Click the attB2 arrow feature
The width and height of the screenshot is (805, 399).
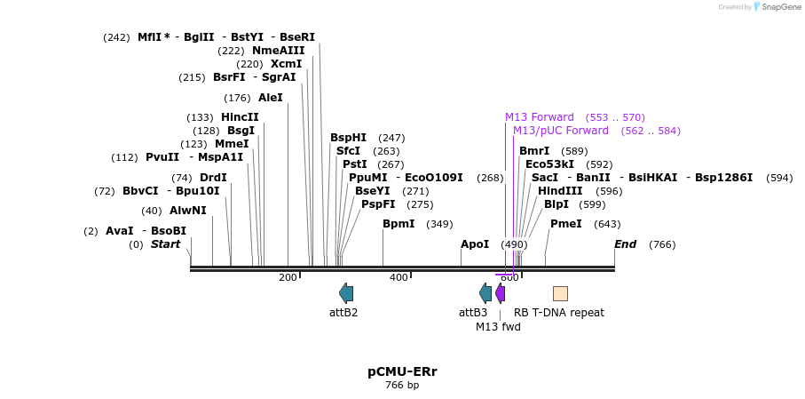(346, 292)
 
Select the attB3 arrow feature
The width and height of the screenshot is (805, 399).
(485, 292)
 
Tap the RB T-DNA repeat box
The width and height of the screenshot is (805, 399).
(560, 293)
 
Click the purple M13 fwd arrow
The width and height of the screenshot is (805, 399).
(501, 292)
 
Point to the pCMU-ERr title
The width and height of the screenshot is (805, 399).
(402, 371)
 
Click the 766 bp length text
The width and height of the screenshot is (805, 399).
(402, 386)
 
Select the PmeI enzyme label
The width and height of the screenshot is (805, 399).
(565, 224)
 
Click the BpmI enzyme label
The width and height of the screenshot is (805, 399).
(399, 224)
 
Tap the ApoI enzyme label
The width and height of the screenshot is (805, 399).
(475, 244)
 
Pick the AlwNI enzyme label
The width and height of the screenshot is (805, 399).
(187, 211)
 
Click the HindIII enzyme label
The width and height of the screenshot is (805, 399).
(560, 191)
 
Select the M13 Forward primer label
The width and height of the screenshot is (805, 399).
(540, 117)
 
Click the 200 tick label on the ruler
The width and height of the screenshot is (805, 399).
(288, 277)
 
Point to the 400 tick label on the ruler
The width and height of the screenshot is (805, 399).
(399, 277)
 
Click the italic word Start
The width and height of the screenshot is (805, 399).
(165, 244)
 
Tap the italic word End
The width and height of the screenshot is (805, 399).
(625, 244)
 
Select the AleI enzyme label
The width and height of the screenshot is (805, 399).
(271, 98)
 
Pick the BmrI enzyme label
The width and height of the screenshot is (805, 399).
(534, 151)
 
